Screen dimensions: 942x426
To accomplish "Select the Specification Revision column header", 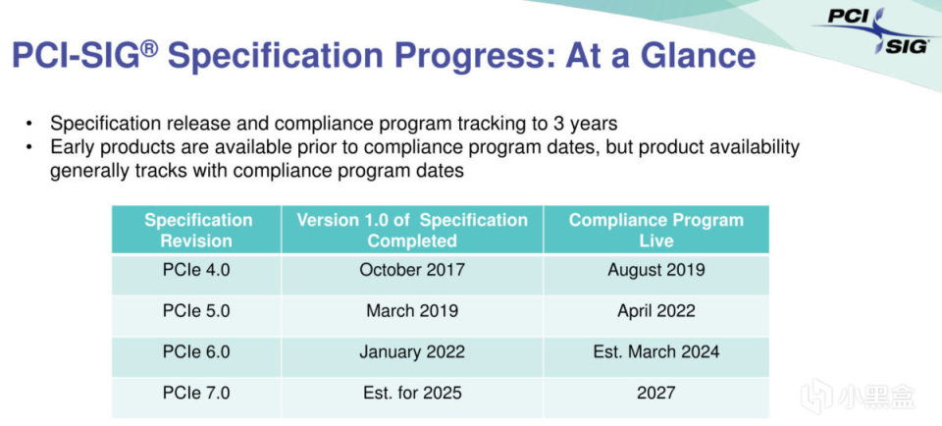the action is point(197,230).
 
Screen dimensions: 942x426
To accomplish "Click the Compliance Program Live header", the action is point(656,230).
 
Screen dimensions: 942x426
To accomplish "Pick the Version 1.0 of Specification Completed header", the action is point(412,230).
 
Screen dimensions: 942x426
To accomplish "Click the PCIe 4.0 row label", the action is point(196,269).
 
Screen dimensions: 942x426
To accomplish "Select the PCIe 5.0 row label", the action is point(196,310).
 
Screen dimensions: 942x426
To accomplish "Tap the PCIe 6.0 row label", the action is point(196,351).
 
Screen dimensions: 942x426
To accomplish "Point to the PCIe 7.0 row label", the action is point(196,393).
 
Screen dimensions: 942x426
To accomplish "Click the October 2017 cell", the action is point(412,269).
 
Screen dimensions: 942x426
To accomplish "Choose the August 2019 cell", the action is point(656,270).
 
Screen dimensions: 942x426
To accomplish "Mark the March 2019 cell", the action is point(412,310).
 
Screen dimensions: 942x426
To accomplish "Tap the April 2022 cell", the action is point(656,311).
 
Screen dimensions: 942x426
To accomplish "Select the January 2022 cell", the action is point(412,352).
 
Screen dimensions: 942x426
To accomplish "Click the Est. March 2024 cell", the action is point(656,351).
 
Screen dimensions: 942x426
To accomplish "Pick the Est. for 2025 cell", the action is point(412,393).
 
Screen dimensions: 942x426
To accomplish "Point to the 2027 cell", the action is point(656,393).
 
